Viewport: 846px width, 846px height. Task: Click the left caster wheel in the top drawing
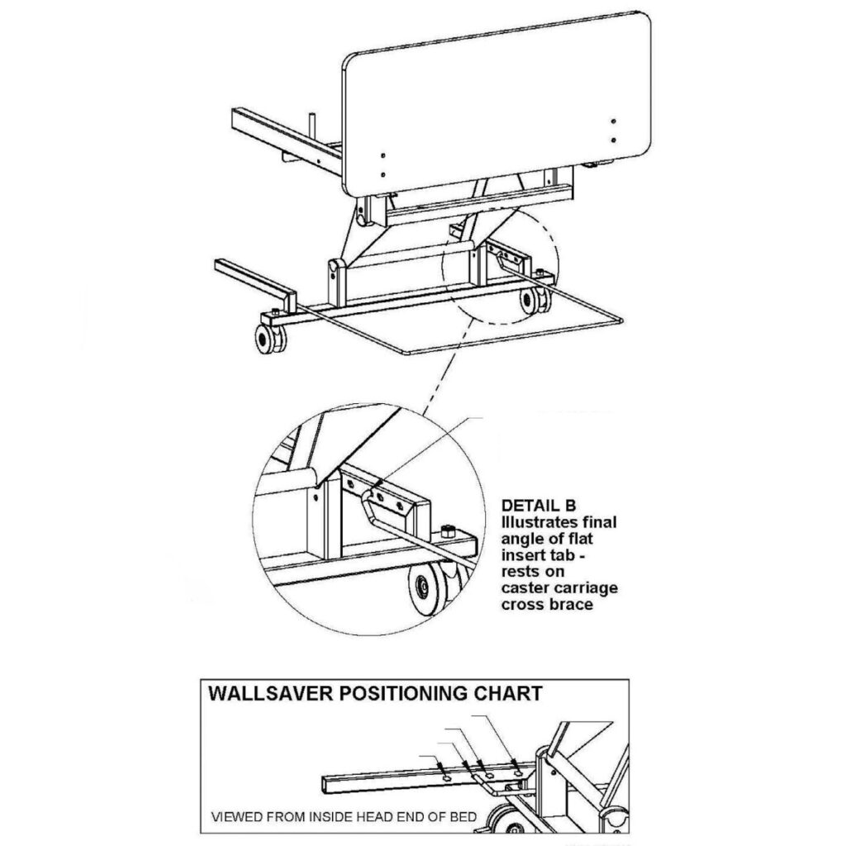[x=269, y=340]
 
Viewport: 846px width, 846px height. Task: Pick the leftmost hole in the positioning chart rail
[x=446, y=777]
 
